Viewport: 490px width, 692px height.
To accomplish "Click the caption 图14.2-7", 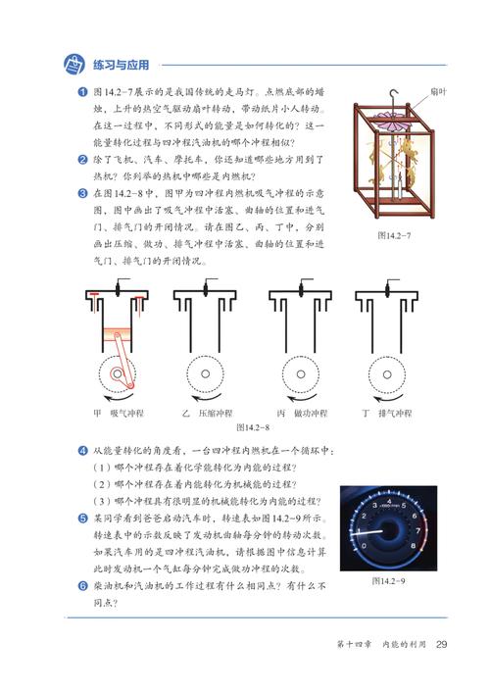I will [394, 235].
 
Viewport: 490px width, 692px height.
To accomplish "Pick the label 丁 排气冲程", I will [388, 413].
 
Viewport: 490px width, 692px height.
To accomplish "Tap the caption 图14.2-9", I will [392, 582].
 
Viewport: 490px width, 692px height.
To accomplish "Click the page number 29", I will [442, 644].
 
